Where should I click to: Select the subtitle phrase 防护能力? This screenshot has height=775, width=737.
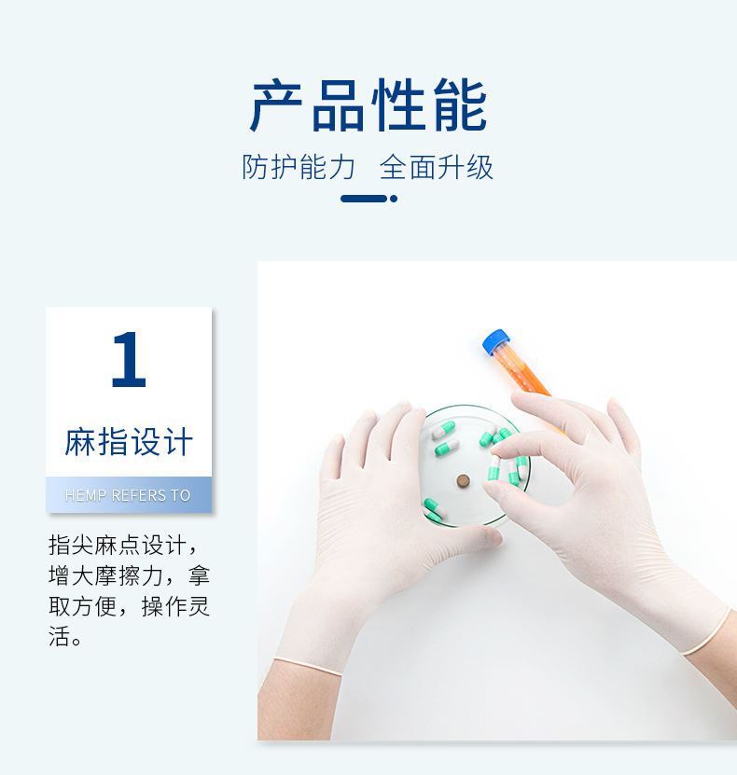299,167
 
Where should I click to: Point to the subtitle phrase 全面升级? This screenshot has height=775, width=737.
437,167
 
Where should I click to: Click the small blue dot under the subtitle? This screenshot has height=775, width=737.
394,199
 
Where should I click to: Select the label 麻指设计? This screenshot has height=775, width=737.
129,441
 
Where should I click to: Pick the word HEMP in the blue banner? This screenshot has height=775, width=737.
86,495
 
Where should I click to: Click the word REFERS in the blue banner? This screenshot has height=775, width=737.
138,495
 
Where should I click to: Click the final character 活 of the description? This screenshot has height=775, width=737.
59,638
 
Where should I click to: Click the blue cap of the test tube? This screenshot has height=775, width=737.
495,341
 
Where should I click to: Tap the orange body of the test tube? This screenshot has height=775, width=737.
523,373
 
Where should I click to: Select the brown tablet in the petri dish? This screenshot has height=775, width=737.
463,480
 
